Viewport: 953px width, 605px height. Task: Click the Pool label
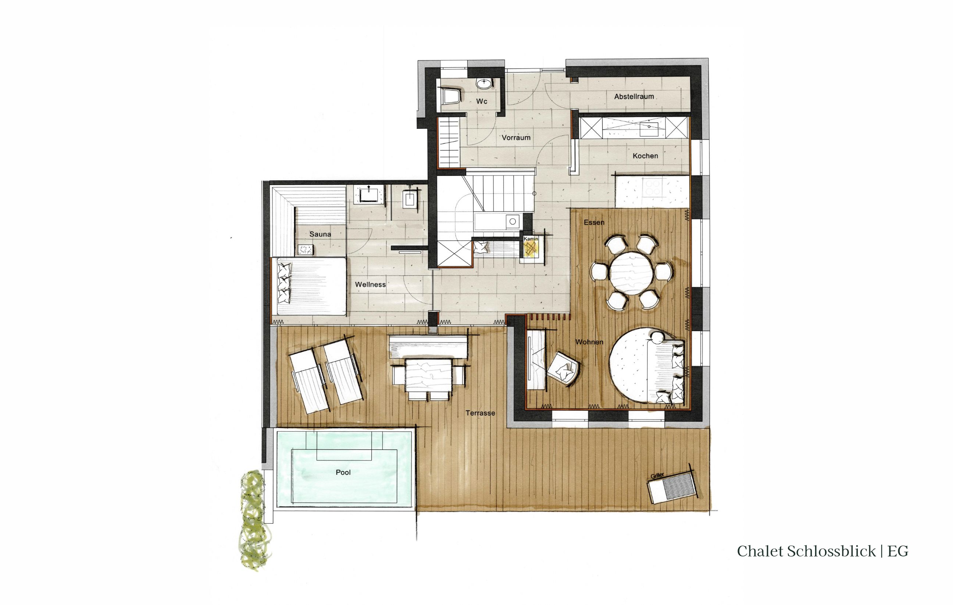coord(343,472)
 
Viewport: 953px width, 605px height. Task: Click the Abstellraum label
coord(634,96)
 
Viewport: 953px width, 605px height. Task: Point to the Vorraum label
coord(516,138)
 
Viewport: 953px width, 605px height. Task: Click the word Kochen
coord(645,156)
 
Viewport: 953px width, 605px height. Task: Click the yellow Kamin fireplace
coord(531,249)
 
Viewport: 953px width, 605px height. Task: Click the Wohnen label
coord(589,342)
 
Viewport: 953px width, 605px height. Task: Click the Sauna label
coord(320,234)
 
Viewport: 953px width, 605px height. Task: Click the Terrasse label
coord(480,413)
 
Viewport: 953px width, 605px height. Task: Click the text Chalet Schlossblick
coord(806,551)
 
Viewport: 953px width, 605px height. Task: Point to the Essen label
coord(594,223)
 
